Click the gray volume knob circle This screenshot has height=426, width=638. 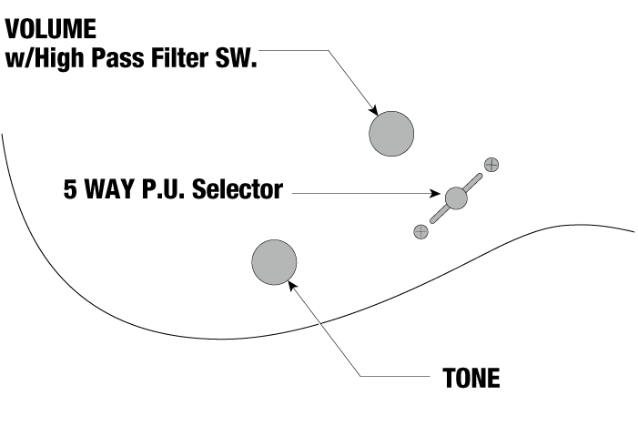(x=391, y=133)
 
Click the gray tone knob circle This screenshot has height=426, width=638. (x=274, y=262)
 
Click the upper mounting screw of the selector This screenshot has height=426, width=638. (x=491, y=165)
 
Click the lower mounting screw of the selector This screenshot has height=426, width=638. (x=420, y=231)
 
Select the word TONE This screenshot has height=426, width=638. (x=471, y=378)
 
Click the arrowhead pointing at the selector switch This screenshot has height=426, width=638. (x=438, y=193)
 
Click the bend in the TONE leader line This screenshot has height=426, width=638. (x=362, y=377)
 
